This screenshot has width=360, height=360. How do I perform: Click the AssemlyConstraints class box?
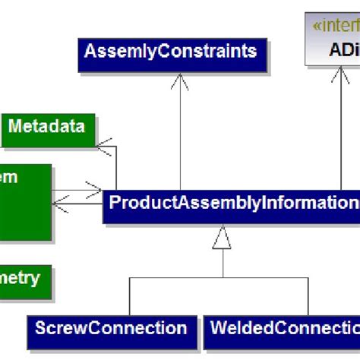(171, 52)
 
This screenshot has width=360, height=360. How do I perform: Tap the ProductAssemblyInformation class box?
(232, 204)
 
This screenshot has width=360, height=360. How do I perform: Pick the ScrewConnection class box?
(111, 329)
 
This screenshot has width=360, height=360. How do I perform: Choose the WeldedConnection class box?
(281, 329)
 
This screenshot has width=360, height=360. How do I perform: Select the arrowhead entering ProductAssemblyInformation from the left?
(95, 188)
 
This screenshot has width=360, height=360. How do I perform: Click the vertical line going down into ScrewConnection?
(131, 296)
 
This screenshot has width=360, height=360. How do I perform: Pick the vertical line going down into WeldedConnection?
(317, 296)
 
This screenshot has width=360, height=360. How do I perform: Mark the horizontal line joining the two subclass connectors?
(222, 277)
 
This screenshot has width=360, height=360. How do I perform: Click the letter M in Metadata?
(15, 126)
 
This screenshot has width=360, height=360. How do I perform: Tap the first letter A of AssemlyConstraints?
(90, 52)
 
